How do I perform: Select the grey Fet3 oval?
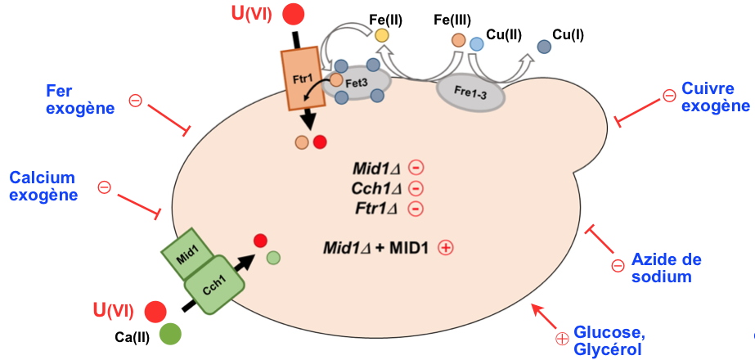point(353,83)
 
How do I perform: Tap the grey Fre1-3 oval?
point(470,92)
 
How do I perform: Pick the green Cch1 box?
point(215,287)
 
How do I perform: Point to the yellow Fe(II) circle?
point(381,36)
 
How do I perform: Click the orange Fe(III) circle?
point(459,38)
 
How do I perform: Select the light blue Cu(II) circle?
point(477,44)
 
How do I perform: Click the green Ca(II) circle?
point(170,335)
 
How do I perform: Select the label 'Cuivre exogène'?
point(715,97)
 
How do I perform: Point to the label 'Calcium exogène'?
point(43,187)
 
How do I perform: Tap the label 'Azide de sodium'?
point(666,268)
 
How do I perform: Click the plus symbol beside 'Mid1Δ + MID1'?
point(446,247)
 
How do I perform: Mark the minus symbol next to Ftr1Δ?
point(416,209)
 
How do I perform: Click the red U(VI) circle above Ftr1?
point(293,14)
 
